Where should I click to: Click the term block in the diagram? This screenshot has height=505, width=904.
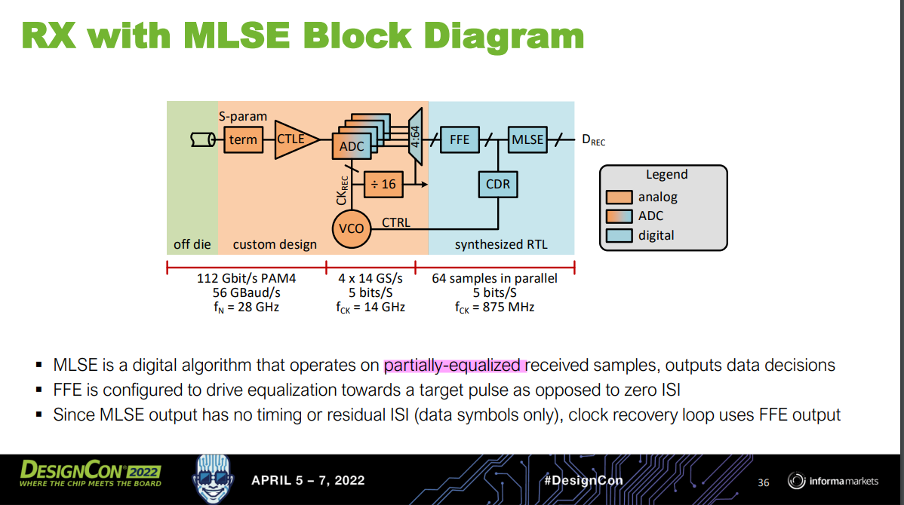tap(243, 139)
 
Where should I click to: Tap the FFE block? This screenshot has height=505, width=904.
tap(459, 139)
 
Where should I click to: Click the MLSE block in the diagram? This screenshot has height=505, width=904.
tap(527, 139)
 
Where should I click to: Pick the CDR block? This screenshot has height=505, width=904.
tap(497, 184)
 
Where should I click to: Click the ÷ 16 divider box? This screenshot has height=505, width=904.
tap(383, 184)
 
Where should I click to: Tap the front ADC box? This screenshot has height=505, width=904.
tap(351, 146)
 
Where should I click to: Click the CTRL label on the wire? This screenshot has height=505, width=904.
tap(396, 222)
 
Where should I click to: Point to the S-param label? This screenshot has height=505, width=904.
tap(243, 116)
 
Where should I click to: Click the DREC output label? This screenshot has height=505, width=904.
tap(593, 140)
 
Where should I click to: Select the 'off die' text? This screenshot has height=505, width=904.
tap(192, 244)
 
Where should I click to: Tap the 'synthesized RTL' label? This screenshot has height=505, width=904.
tap(501, 244)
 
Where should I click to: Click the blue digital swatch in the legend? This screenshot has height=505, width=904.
tap(620, 235)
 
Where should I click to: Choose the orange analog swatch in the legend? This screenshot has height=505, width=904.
tap(620, 197)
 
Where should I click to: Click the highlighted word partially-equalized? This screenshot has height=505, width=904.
tap(453, 366)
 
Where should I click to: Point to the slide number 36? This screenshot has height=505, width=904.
tap(763, 482)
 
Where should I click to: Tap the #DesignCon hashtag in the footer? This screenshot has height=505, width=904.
tap(583, 480)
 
